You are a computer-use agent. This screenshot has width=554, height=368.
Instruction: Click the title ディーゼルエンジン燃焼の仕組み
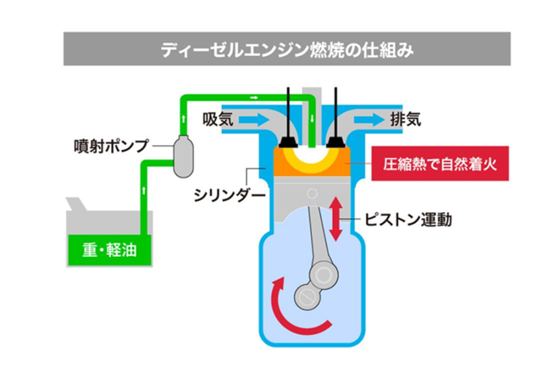coord(287,51)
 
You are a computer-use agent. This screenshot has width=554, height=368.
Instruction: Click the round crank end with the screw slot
coord(307,296)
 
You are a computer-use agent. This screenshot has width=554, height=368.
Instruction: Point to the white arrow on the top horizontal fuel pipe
coord(254,97)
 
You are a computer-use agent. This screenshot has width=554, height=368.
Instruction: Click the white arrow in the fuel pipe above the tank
coord(143,191)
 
